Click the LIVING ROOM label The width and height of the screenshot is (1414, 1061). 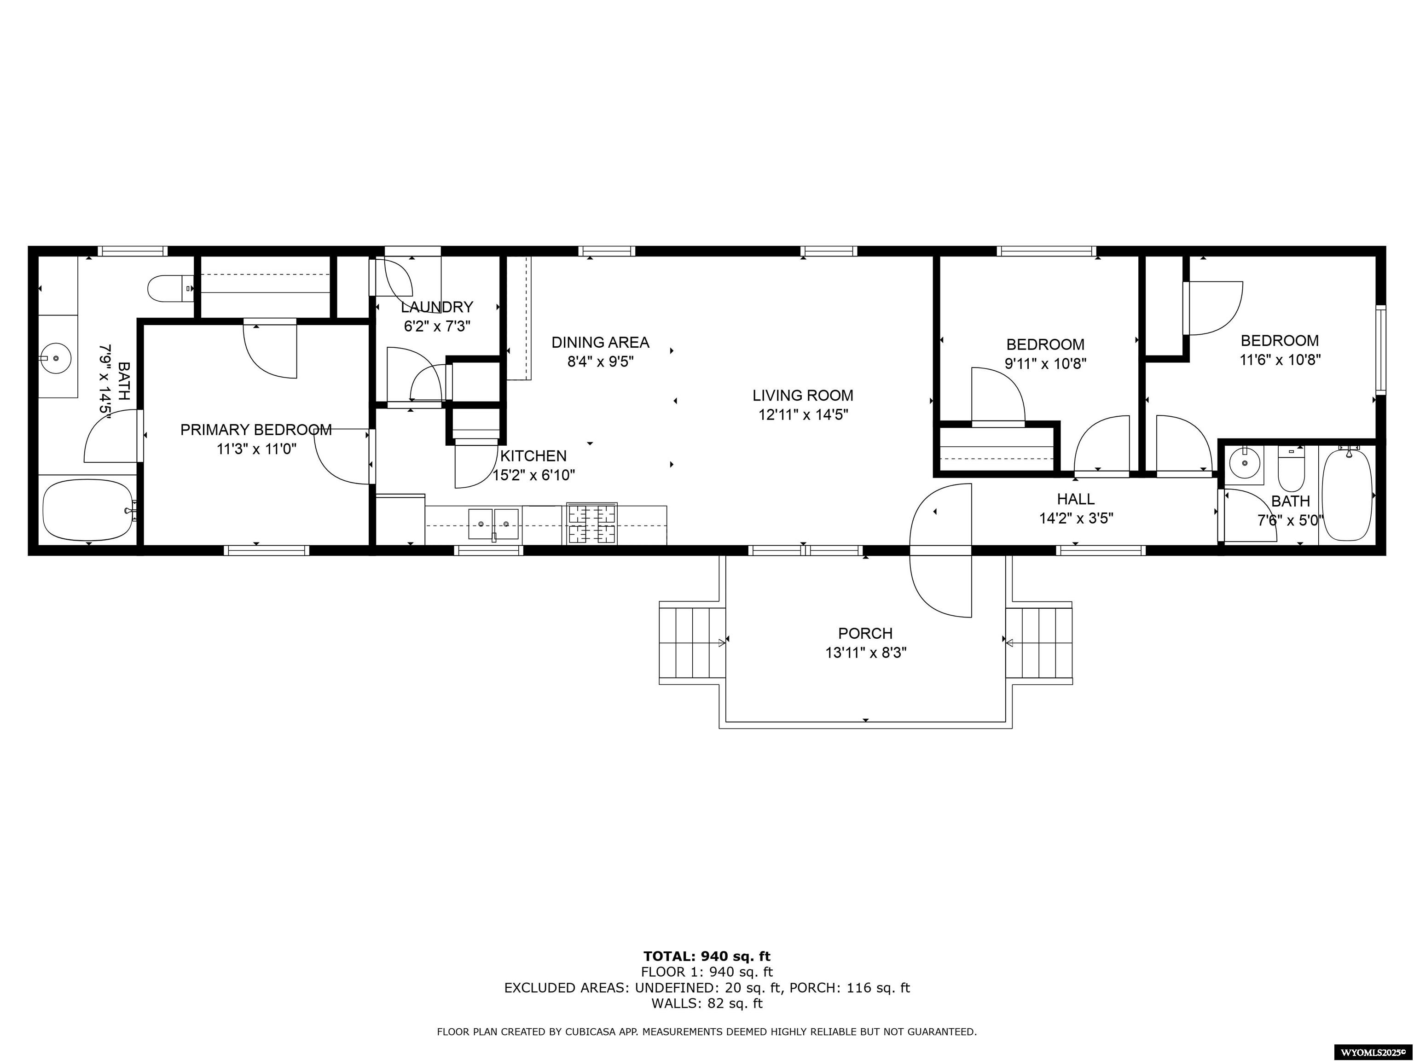[802, 395]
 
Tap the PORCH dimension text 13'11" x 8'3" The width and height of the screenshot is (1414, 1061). [865, 653]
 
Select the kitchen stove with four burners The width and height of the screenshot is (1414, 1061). [591, 524]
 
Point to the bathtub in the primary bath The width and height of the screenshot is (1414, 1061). [87, 510]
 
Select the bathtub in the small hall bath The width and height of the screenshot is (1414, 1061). [1347, 495]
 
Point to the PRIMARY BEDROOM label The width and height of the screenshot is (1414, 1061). [256, 430]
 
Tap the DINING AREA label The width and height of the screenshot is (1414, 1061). [600, 342]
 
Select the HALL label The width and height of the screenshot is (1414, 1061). [1075, 499]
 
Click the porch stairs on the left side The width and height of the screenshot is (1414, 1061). [693, 643]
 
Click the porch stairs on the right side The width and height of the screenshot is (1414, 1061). [1039, 643]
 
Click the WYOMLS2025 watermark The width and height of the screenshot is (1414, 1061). [1372, 1051]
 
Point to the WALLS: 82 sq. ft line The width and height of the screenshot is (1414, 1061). [707, 1003]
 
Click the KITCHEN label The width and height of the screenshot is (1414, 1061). [533, 456]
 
